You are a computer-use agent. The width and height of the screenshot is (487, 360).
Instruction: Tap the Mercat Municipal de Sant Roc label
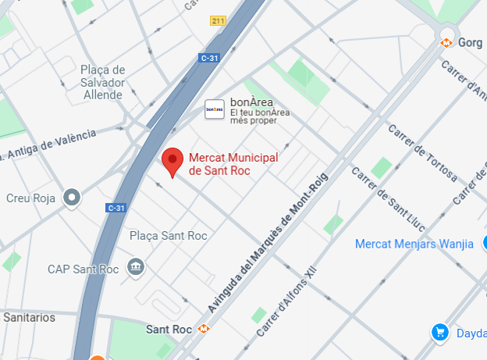click(x=234, y=164)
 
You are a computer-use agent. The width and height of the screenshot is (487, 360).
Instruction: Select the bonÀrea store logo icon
click(x=215, y=109)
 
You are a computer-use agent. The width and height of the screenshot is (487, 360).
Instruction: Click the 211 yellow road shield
click(x=219, y=21)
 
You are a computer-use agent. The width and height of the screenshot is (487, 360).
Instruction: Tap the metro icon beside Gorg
click(x=447, y=42)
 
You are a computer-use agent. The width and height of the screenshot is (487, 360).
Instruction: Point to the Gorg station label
click(x=471, y=42)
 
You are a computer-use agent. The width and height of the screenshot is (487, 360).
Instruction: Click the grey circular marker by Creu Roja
click(x=73, y=198)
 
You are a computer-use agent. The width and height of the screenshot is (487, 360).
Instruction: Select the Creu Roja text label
click(x=30, y=198)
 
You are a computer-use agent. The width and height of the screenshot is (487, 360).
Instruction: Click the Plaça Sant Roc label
click(x=168, y=235)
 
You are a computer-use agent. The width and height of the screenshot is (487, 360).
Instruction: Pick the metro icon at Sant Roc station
click(x=204, y=330)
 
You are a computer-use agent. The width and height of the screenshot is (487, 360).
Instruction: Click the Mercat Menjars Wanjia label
click(x=414, y=244)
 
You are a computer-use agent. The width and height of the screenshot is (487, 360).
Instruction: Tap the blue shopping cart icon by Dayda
click(x=440, y=333)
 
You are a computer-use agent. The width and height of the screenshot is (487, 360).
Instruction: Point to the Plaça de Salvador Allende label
click(x=102, y=82)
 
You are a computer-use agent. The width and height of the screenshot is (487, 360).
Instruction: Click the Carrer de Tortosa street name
click(x=421, y=151)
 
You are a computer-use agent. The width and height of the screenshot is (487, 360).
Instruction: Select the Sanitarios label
click(x=30, y=317)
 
